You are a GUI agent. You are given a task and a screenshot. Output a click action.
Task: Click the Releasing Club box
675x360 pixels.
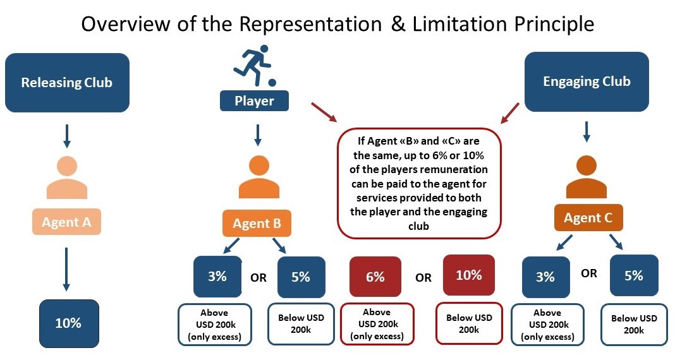pos(66,83)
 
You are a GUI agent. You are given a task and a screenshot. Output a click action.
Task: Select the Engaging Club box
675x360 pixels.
pos(587,82)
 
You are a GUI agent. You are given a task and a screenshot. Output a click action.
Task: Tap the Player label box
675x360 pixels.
pos(254,100)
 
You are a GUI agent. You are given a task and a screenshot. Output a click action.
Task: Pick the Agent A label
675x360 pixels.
pos(67,222)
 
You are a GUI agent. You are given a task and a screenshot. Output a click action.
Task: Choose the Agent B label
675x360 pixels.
pos(257,224)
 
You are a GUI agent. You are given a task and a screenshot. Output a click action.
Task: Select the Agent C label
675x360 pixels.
pos(587,219)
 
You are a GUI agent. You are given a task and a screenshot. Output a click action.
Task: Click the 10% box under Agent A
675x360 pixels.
pos(68,323)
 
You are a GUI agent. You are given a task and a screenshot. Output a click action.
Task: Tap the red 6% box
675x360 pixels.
pos(375,277)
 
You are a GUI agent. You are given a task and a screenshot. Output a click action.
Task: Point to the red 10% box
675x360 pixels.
pos(468,275)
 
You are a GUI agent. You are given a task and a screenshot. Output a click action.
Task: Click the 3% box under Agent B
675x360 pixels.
pos(217,277)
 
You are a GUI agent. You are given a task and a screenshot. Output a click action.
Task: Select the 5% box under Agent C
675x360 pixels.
pos(633,276)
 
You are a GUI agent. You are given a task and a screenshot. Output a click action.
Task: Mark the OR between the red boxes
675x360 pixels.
pos(423,277)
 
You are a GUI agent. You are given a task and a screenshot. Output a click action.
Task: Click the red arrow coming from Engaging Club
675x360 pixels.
pos(510,113)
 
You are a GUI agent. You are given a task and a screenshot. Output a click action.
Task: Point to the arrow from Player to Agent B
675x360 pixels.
pos(257,135)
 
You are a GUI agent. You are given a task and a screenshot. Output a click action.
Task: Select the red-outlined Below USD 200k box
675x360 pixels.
pos(468,323)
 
